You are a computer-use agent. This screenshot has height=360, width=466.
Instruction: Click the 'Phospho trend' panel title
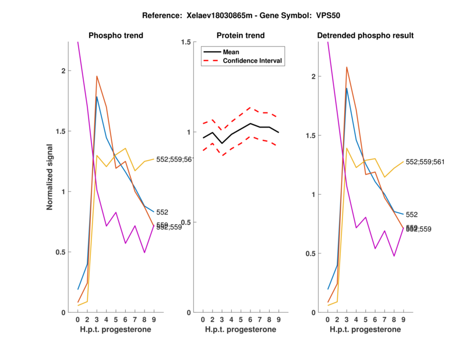pos(116,36)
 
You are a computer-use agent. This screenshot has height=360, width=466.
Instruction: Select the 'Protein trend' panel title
pos(241,36)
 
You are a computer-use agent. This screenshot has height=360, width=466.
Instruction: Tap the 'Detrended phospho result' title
pos(365,36)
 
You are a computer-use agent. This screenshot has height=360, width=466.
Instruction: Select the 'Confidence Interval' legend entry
pos(253,61)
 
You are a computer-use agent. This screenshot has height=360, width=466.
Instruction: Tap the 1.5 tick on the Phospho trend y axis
pos(64,132)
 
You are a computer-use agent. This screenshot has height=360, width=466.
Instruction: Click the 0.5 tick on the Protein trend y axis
pos(188,223)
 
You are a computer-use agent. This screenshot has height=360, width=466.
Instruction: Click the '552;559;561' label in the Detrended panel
pos(425,162)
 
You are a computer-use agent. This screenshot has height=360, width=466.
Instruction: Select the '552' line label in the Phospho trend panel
pos(163,213)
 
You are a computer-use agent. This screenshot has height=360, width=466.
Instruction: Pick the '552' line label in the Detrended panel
pos(412,215)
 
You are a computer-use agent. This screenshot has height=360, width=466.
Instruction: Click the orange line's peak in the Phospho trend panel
pos(97,76)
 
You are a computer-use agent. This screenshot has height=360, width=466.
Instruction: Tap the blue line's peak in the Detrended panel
pos(347,88)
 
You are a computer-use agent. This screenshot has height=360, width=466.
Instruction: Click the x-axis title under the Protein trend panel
pos(241,330)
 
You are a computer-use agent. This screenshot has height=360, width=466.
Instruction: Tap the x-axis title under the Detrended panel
pos(365,330)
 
